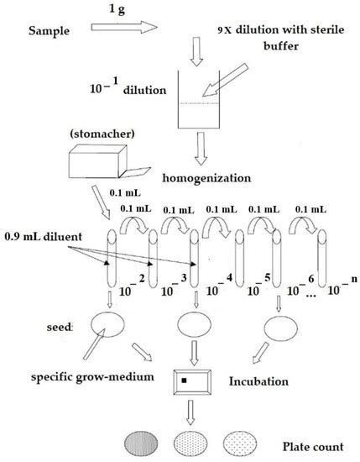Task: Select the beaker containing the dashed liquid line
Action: pos(206,105)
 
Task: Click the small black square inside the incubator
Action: pos(184,385)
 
